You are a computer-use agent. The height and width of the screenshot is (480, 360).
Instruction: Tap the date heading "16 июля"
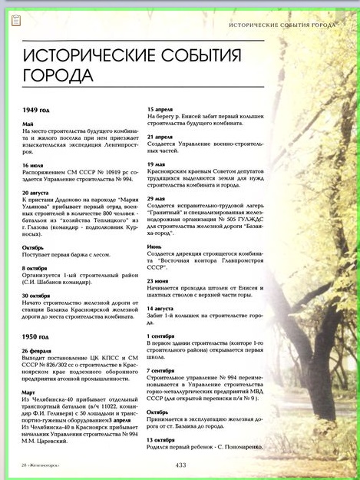click(x=33, y=164)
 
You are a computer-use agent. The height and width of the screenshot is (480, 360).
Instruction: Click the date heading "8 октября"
click(x=35, y=267)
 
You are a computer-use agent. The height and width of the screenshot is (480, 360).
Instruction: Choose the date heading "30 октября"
click(x=37, y=294)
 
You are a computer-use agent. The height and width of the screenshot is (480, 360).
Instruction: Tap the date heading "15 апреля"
click(x=160, y=109)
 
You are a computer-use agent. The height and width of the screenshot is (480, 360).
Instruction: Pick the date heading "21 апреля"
click(x=160, y=136)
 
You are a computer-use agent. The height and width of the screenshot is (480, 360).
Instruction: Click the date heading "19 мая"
click(x=157, y=164)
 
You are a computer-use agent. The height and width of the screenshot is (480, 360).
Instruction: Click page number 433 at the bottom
click(x=181, y=464)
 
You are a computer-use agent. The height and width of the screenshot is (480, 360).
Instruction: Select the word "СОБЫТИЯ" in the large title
click(x=189, y=56)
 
